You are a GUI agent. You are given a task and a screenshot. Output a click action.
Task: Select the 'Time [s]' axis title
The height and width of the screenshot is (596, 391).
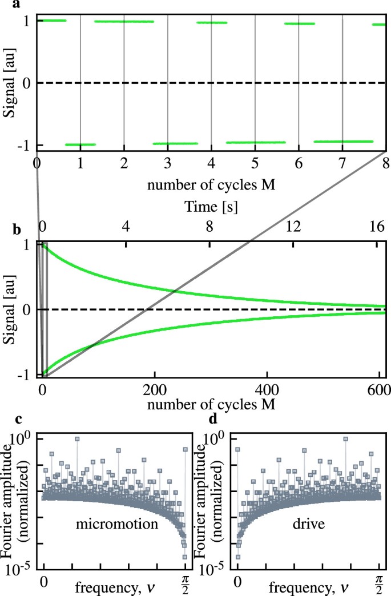pos(211,208)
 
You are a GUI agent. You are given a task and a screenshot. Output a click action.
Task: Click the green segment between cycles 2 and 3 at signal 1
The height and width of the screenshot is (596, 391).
pos(124,22)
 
